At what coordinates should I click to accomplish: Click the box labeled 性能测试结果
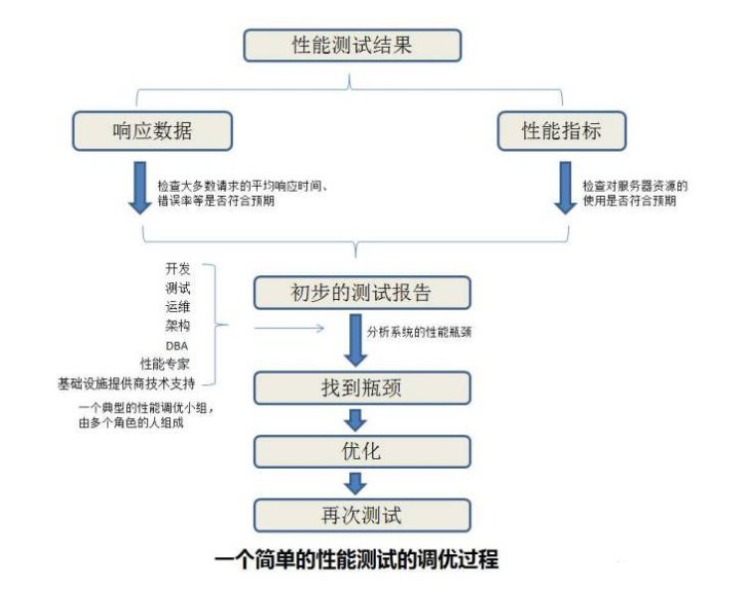pyautogui.click(x=352, y=45)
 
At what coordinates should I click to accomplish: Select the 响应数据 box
pyautogui.click(x=152, y=131)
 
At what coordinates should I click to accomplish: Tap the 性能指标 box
pyautogui.click(x=562, y=131)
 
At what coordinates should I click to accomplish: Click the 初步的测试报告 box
pyautogui.click(x=360, y=293)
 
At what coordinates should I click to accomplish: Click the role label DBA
pyautogui.click(x=177, y=345)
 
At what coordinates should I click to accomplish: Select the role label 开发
pyautogui.click(x=177, y=269)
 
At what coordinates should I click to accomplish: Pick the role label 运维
pyautogui.click(x=177, y=307)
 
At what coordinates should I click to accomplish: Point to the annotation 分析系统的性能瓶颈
pyautogui.click(x=418, y=333)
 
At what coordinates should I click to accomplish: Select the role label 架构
pyautogui.click(x=177, y=326)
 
